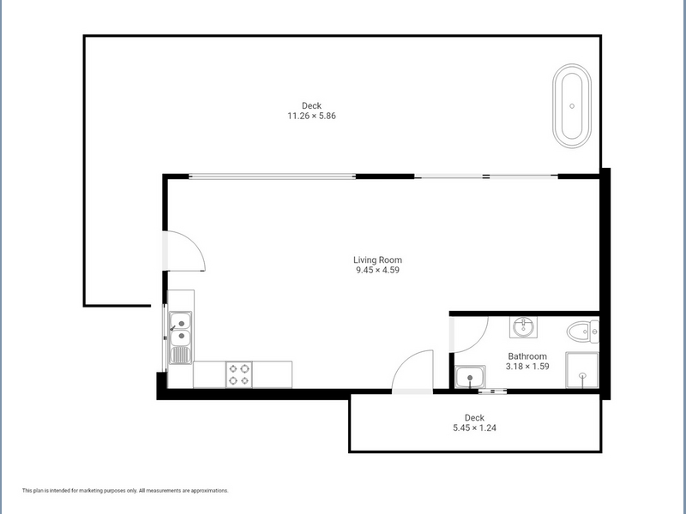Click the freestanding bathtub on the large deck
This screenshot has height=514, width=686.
pyautogui.click(x=572, y=106)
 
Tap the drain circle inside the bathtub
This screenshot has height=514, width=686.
pyautogui.click(x=572, y=106)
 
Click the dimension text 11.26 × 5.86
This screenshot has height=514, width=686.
pyautogui.click(x=311, y=116)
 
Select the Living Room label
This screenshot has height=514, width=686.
pyautogui.click(x=377, y=260)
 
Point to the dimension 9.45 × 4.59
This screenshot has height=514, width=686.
pyautogui.click(x=377, y=270)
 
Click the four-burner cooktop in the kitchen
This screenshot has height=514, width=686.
pyautogui.click(x=239, y=374)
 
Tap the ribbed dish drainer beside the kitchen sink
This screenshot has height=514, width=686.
pyautogui.click(x=180, y=355)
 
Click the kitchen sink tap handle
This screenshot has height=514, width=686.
pyautogui.click(x=173, y=327)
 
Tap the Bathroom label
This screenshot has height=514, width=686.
pyautogui.click(x=527, y=356)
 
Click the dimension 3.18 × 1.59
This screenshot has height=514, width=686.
pyautogui.click(x=527, y=367)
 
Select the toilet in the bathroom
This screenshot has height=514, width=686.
pyautogui.click(x=583, y=332)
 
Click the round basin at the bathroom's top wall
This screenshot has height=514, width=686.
pyautogui.click(x=523, y=327)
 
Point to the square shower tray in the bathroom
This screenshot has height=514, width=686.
pyautogui.click(x=582, y=370)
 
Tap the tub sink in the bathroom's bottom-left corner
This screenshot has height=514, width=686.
pyautogui.click(x=470, y=377)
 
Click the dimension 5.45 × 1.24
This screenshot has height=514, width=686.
pyautogui.click(x=475, y=427)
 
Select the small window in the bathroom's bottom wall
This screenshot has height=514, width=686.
pyautogui.click(x=492, y=391)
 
